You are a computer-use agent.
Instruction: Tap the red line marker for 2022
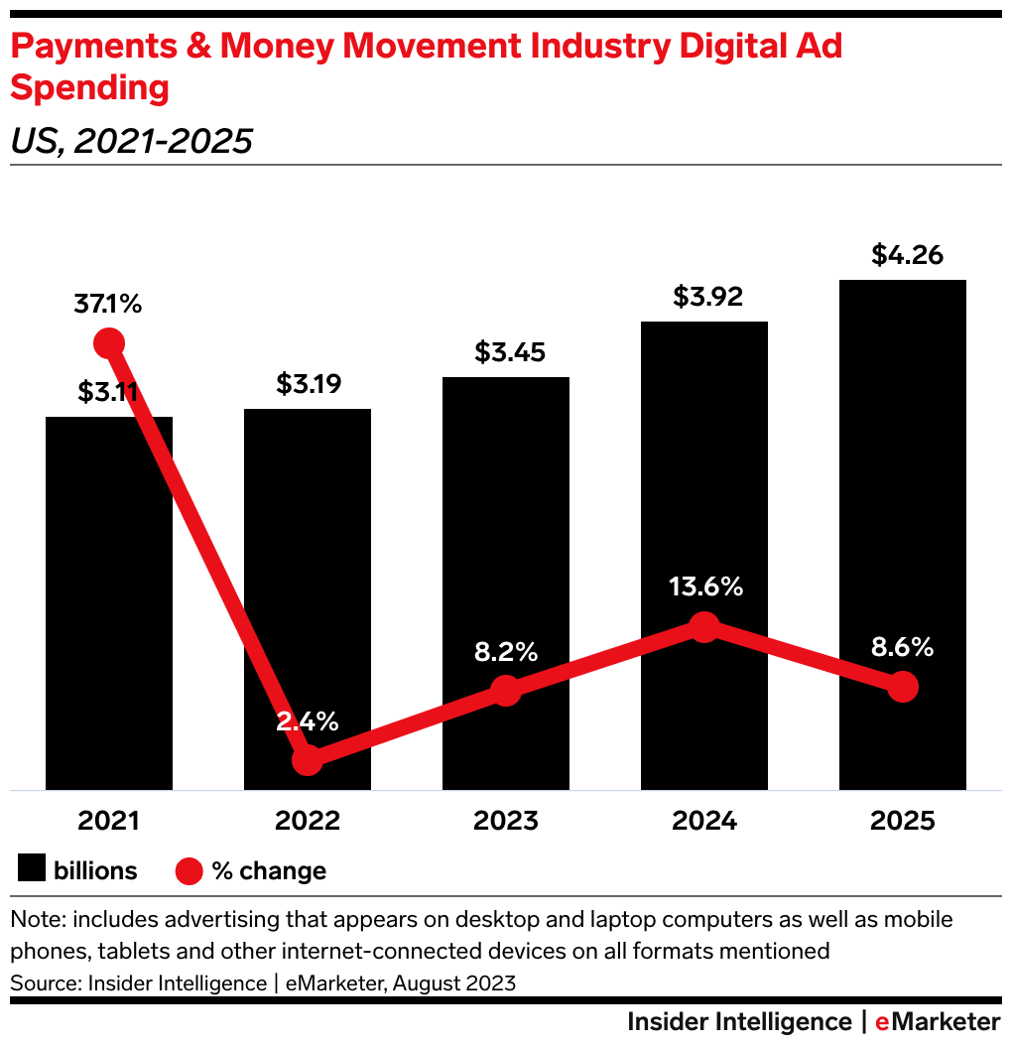coord(308,760)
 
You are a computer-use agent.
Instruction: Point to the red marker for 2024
coord(703,627)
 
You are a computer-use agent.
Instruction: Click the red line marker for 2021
coord(109,343)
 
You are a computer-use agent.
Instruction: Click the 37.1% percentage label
coord(107,304)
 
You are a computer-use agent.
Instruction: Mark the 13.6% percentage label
coord(703,587)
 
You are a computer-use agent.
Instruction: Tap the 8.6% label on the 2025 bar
coord(901,648)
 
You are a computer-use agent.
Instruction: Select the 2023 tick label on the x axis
coord(506,821)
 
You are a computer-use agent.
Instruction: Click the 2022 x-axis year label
coord(308,821)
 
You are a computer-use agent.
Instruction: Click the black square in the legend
coord(32,870)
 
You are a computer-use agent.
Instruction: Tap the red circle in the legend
coord(189,870)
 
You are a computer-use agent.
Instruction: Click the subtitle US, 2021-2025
coord(131,142)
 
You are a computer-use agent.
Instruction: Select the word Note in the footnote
coord(35,920)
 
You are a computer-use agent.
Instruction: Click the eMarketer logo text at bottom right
coord(937,1021)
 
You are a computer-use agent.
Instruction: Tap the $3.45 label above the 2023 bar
coord(509,352)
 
